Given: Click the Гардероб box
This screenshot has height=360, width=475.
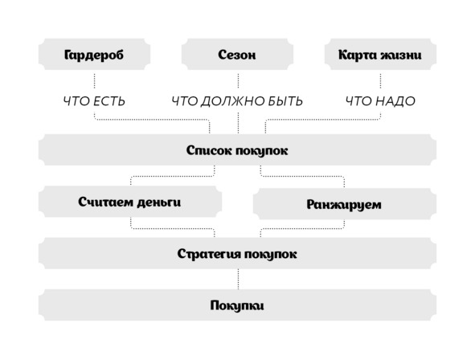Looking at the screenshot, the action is pyautogui.click(x=94, y=54).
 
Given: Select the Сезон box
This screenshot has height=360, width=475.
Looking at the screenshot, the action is pyautogui.click(x=237, y=54).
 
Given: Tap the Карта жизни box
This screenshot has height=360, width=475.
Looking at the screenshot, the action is pyautogui.click(x=380, y=54).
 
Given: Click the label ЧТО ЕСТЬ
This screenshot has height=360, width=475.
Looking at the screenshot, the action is pyautogui.click(x=94, y=101).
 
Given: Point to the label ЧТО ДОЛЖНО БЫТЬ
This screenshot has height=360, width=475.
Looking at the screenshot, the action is pyautogui.click(x=237, y=101).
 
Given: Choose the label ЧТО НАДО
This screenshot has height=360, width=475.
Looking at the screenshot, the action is pyautogui.click(x=380, y=101).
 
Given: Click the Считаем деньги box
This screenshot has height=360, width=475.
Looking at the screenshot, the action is pyautogui.click(x=130, y=202).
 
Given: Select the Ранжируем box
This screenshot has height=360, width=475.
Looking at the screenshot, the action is pyautogui.click(x=345, y=204).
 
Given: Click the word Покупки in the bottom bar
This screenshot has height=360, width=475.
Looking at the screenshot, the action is pyautogui.click(x=237, y=305).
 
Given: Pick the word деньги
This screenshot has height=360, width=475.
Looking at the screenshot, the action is pyautogui.click(x=159, y=202).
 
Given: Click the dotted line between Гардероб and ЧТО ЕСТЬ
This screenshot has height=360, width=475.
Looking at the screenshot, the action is pyautogui.click(x=94, y=81).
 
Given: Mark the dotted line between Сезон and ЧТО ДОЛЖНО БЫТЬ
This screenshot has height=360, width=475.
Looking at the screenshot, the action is pyautogui.click(x=238, y=81).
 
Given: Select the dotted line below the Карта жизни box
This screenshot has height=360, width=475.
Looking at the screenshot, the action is pyautogui.click(x=380, y=81).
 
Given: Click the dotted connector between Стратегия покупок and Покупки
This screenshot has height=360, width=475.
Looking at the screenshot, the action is pyautogui.click(x=238, y=279).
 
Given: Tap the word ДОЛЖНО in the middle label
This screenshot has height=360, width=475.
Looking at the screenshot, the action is pyautogui.click(x=230, y=101).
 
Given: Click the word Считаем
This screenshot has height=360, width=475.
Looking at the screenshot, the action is pyautogui.click(x=106, y=202).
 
